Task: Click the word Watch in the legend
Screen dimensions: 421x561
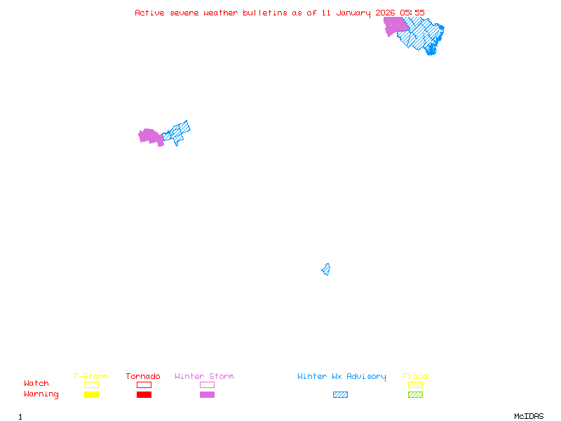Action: (x=36, y=384)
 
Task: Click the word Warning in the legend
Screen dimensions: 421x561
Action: (x=41, y=394)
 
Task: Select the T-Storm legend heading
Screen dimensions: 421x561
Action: (x=90, y=376)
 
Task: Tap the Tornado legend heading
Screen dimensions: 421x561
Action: (x=143, y=376)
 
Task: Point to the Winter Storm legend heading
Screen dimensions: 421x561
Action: (x=204, y=376)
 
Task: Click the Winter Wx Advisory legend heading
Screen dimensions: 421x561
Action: (x=342, y=376)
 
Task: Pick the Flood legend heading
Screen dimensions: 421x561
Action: (x=415, y=376)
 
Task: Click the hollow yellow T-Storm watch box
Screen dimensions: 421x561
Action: (x=91, y=385)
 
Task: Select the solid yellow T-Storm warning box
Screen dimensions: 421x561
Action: (x=91, y=394)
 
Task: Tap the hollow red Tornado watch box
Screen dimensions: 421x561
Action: (x=144, y=385)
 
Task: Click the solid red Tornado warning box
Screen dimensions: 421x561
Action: (x=144, y=394)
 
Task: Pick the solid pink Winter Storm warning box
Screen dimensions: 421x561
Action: (x=207, y=394)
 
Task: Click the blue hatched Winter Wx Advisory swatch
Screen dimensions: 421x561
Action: (x=340, y=394)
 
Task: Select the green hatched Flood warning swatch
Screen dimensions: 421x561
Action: (x=415, y=394)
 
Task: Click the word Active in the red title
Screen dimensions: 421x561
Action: (x=149, y=13)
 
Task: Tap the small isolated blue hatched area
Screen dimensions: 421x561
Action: (x=326, y=269)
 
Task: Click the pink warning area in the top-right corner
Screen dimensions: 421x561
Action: (x=394, y=25)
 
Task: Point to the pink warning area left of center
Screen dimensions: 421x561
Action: (x=149, y=136)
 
